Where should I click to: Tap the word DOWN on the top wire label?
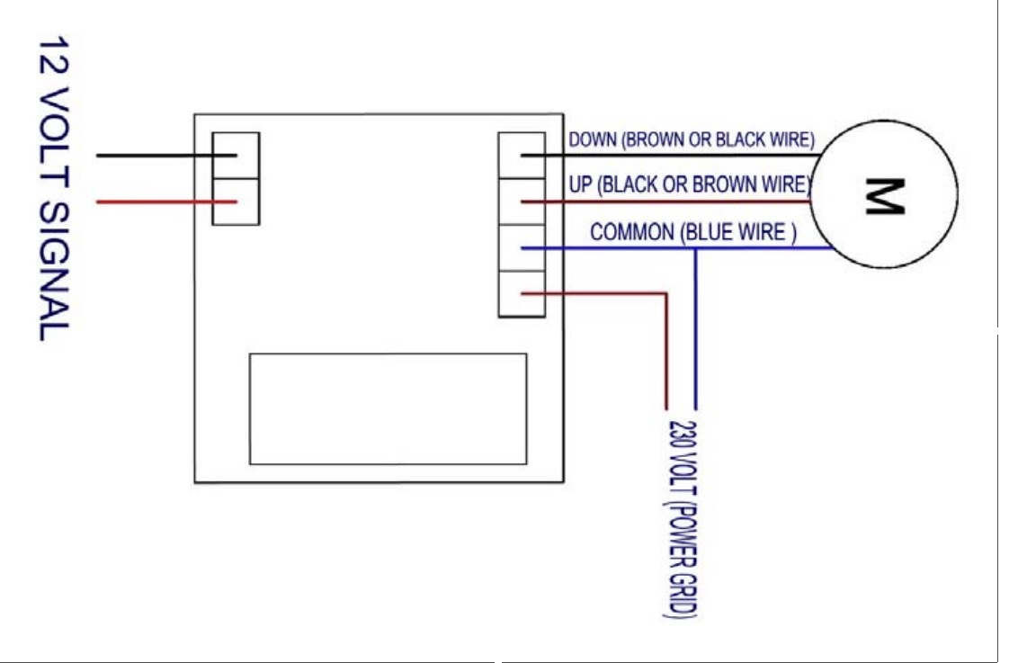589,140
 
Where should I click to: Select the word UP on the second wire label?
580,185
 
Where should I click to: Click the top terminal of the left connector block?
236,156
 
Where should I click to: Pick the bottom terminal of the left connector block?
236,202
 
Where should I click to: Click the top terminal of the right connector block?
522,155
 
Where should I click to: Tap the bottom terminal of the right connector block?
522,293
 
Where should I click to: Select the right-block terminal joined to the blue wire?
522,247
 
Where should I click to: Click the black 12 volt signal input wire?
153,155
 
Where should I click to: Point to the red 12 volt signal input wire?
153,202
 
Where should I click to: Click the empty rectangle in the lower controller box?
388,408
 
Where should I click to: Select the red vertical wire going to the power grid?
666,351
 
